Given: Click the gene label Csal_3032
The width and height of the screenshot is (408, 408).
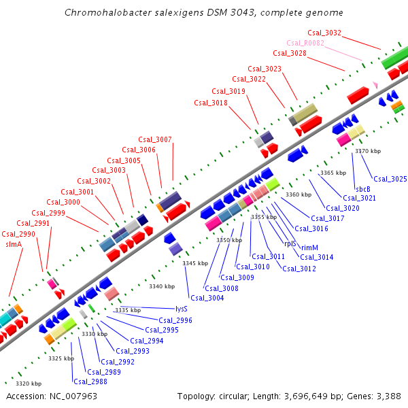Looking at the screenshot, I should [x=324, y=33].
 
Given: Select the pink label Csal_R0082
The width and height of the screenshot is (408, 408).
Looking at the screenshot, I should [x=305, y=43].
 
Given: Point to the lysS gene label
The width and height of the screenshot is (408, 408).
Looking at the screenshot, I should [x=181, y=308].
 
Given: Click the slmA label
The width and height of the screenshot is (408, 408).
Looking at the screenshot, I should [x=14, y=243].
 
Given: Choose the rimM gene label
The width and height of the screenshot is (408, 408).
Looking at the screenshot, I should [x=310, y=248].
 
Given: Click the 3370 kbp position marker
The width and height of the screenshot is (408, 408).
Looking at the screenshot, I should [x=368, y=151].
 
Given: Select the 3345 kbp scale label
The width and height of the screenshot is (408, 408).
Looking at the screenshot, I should [x=195, y=263].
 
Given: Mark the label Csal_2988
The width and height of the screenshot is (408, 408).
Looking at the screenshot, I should [x=90, y=381].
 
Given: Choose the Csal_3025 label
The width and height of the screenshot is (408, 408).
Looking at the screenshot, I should [x=390, y=179].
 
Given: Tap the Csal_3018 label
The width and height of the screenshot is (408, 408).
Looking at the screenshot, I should [x=211, y=103].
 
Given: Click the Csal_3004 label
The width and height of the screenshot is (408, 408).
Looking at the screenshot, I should [x=207, y=298].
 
